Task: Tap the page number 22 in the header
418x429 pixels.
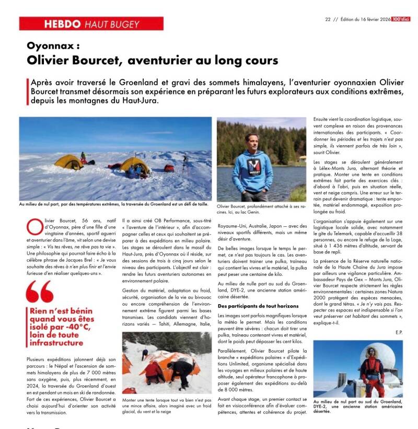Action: tap(328, 19)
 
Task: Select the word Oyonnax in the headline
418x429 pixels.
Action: tap(49, 45)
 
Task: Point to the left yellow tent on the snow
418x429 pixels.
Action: tap(69, 161)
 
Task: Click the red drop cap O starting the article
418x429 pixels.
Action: tap(33, 227)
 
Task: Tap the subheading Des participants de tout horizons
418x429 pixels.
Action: tap(258, 305)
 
